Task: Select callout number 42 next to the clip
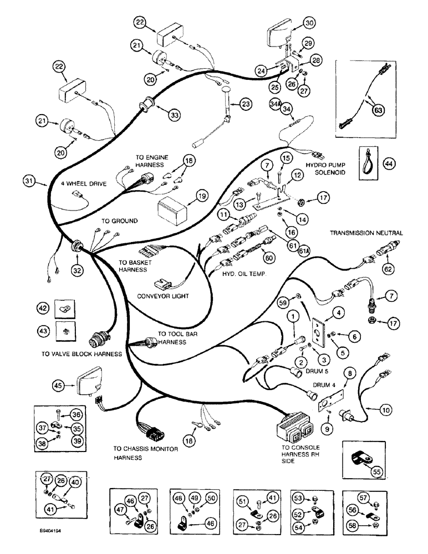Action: click(x=42, y=307)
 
